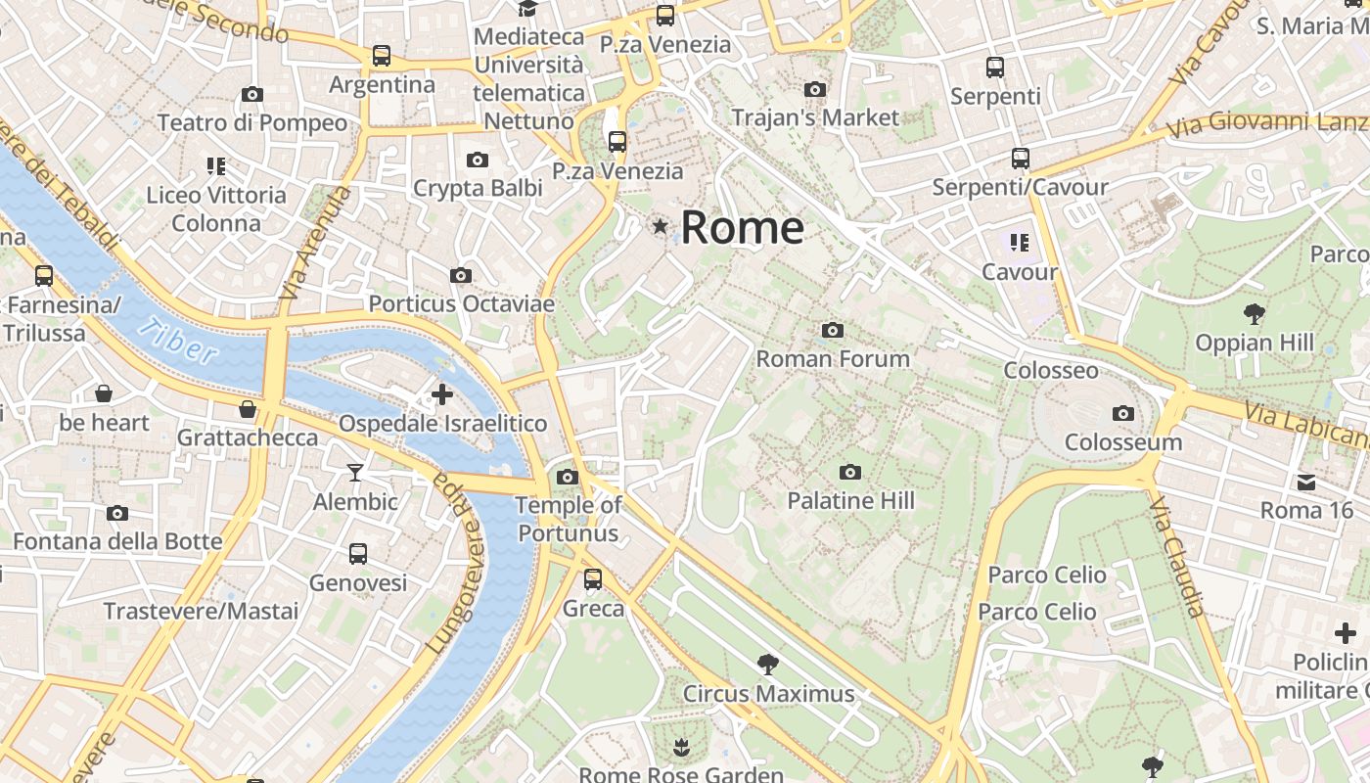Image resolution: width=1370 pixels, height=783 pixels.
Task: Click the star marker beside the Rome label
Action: (x=661, y=227)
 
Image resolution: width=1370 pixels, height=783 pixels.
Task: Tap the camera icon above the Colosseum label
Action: (x=1123, y=414)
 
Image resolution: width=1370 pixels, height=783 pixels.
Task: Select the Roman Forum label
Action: (x=833, y=359)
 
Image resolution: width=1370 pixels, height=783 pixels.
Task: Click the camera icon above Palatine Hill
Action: (x=850, y=473)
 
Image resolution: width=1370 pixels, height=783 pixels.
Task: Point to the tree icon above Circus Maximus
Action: (x=768, y=666)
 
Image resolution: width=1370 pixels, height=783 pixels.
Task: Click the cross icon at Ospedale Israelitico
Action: (x=442, y=394)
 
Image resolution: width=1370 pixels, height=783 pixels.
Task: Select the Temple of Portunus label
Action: (x=568, y=519)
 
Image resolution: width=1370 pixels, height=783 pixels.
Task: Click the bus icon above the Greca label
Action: (x=593, y=579)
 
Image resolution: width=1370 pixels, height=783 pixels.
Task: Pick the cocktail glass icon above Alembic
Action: (x=355, y=474)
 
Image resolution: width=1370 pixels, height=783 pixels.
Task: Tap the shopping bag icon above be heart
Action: (x=104, y=393)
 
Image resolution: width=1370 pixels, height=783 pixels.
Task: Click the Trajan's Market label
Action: (x=815, y=117)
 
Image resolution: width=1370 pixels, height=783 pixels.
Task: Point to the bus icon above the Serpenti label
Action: (x=995, y=68)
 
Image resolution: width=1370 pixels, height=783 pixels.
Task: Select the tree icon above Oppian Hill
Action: (x=1255, y=314)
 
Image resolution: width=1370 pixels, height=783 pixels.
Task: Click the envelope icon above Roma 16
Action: (x=1306, y=482)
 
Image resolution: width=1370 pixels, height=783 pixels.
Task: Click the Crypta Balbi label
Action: (x=478, y=188)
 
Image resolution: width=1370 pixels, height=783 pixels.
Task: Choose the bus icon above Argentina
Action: (x=382, y=56)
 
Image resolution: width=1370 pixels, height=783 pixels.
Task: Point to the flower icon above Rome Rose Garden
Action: (x=681, y=749)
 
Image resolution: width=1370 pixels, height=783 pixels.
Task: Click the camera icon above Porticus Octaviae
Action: (x=461, y=276)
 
